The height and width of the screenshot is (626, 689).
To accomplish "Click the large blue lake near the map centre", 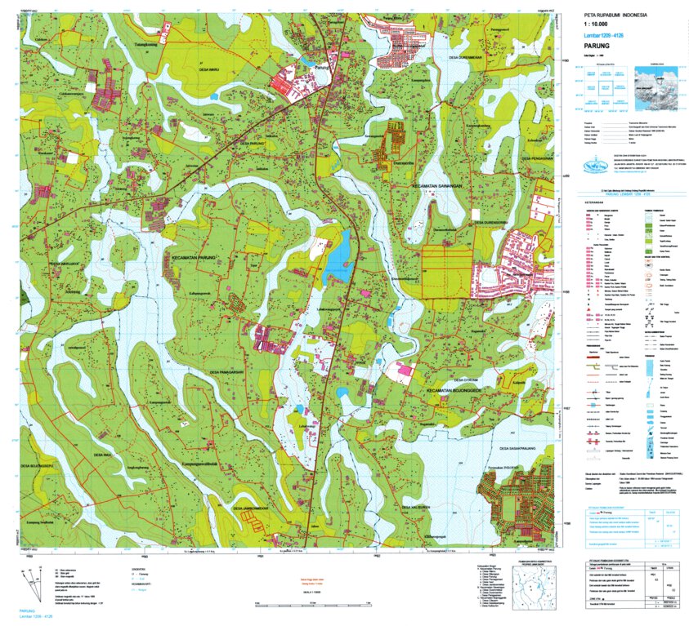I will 338,257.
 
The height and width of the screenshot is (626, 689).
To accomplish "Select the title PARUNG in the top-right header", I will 606,47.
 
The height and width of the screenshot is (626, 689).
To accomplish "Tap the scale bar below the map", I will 327,605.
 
